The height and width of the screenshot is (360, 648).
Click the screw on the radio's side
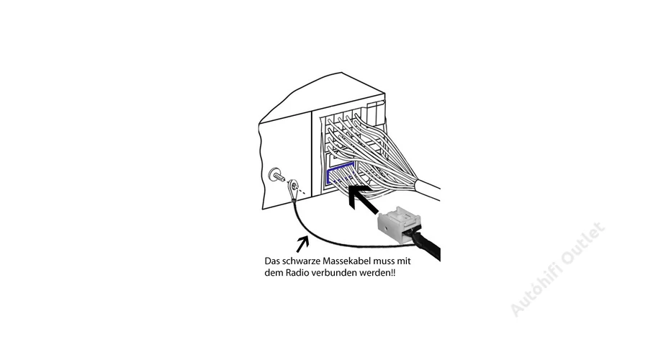tap(277, 175)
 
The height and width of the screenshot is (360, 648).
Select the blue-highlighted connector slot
tap(341, 174)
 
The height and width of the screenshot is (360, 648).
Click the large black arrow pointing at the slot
tap(363, 199)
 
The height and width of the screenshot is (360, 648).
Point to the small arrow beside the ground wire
tap(302, 243)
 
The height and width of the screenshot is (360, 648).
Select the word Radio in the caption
tap(297, 273)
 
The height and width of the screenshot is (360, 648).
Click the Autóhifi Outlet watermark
tap(557, 269)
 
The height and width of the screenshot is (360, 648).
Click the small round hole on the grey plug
tap(386, 227)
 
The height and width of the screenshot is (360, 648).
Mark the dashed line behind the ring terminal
tap(302, 191)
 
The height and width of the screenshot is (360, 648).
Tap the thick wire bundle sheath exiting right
tap(428, 189)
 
